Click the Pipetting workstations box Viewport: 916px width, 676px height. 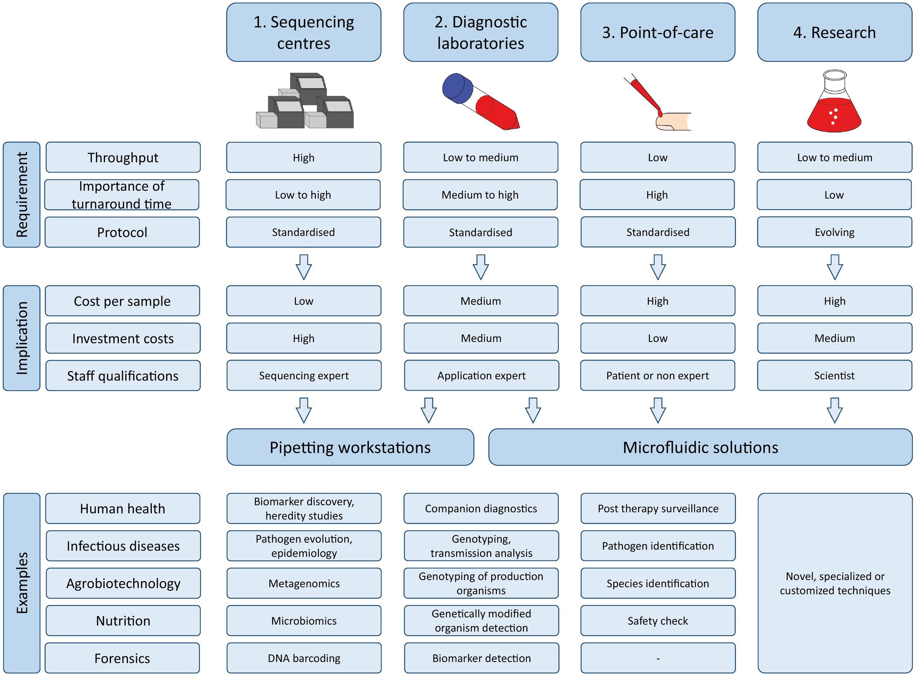(350, 447)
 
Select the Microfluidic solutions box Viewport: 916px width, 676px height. (700, 447)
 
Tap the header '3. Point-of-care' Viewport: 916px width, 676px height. (657, 33)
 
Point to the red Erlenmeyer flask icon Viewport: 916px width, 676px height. (834, 109)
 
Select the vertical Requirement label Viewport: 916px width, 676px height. (21, 194)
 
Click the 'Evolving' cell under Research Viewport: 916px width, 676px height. (834, 232)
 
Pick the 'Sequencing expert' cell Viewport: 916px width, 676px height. (304, 375)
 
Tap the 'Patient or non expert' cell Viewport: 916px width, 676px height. (657, 375)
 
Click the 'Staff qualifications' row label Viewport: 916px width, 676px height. (123, 376)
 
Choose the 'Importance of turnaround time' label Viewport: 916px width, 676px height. (122, 195)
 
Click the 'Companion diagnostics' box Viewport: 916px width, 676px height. (481, 509)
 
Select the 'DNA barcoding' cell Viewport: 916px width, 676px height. (304, 658)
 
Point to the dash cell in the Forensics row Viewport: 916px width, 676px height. (658, 658)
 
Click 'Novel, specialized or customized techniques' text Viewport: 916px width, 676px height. (834, 583)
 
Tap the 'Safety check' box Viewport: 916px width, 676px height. (657, 621)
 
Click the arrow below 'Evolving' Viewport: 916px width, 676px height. (834, 267)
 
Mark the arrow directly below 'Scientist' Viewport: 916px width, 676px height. (834, 410)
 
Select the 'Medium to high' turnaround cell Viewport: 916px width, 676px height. (480, 195)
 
